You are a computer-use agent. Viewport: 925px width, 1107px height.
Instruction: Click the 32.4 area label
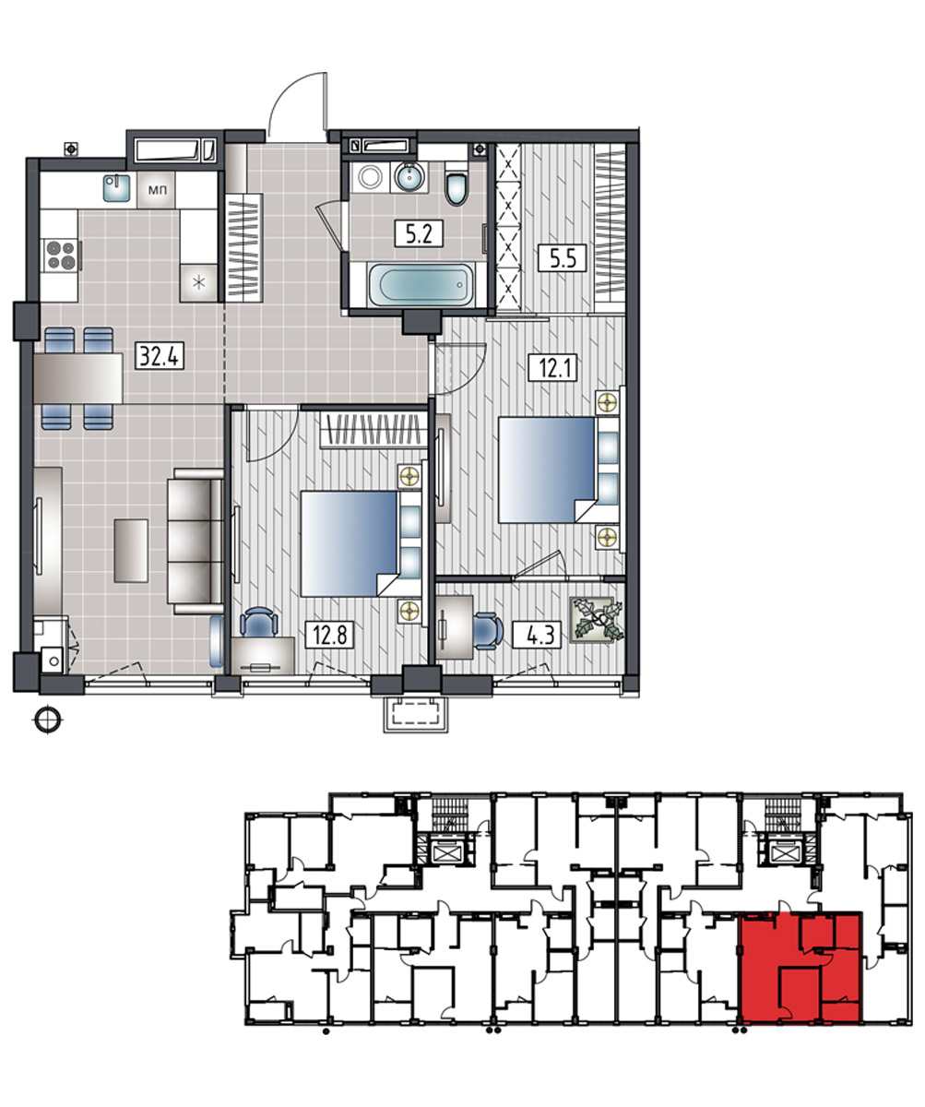(160, 356)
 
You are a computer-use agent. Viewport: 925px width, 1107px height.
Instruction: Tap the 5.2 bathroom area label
(419, 233)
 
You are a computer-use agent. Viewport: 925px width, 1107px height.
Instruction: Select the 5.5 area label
(562, 258)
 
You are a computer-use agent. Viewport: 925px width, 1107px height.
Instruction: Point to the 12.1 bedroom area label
(553, 367)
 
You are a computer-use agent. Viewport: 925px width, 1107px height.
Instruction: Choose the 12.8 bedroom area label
(330, 635)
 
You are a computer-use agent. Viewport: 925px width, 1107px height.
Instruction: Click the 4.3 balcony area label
(537, 635)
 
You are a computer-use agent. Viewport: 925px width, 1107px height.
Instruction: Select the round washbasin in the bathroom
(409, 177)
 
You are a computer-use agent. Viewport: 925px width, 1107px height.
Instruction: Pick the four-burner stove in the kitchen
(61, 255)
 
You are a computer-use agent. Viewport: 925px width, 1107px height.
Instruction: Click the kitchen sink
(116, 187)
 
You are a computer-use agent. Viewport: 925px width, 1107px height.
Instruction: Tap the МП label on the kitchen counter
(157, 189)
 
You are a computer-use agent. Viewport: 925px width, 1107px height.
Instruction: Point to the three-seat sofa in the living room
(196, 541)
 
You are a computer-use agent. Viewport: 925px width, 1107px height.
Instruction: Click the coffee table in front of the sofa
(130, 551)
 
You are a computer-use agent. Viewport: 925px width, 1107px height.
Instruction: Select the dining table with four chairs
(78, 378)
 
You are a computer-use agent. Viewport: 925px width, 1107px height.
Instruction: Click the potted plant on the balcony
(597, 620)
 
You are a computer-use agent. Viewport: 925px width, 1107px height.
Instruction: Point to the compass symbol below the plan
(48, 720)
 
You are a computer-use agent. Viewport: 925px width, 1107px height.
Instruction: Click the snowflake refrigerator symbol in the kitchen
(199, 282)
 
